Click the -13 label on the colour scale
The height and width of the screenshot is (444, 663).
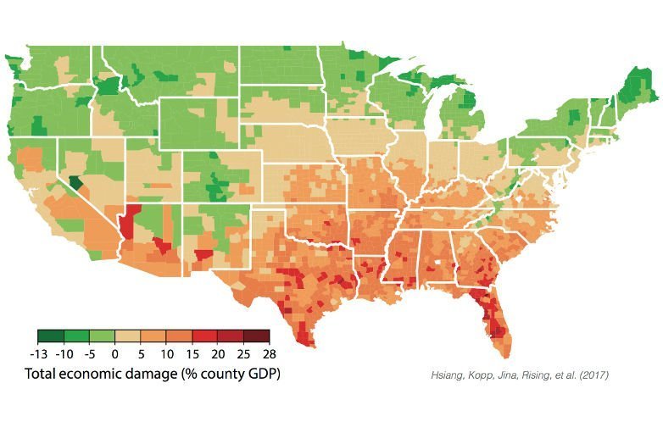click(x=39, y=353)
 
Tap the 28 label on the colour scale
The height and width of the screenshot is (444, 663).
click(x=270, y=353)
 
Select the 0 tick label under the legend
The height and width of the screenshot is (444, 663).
click(x=115, y=353)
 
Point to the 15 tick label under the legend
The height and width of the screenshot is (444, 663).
click(x=192, y=353)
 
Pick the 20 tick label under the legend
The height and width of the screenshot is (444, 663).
click(x=218, y=353)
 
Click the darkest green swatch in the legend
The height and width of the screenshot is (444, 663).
click(x=51, y=336)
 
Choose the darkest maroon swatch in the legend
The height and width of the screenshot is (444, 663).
click(x=256, y=336)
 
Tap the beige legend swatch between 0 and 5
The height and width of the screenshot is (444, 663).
click(x=128, y=336)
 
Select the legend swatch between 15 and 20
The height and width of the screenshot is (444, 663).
click(x=205, y=336)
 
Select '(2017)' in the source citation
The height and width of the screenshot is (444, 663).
click(x=594, y=375)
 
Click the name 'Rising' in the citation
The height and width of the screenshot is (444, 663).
click(x=535, y=375)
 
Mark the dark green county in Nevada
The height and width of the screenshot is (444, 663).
click(x=76, y=183)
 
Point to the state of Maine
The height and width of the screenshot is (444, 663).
click(x=638, y=86)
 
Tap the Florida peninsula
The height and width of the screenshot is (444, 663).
click(x=496, y=321)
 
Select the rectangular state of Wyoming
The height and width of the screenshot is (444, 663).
click(x=199, y=124)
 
